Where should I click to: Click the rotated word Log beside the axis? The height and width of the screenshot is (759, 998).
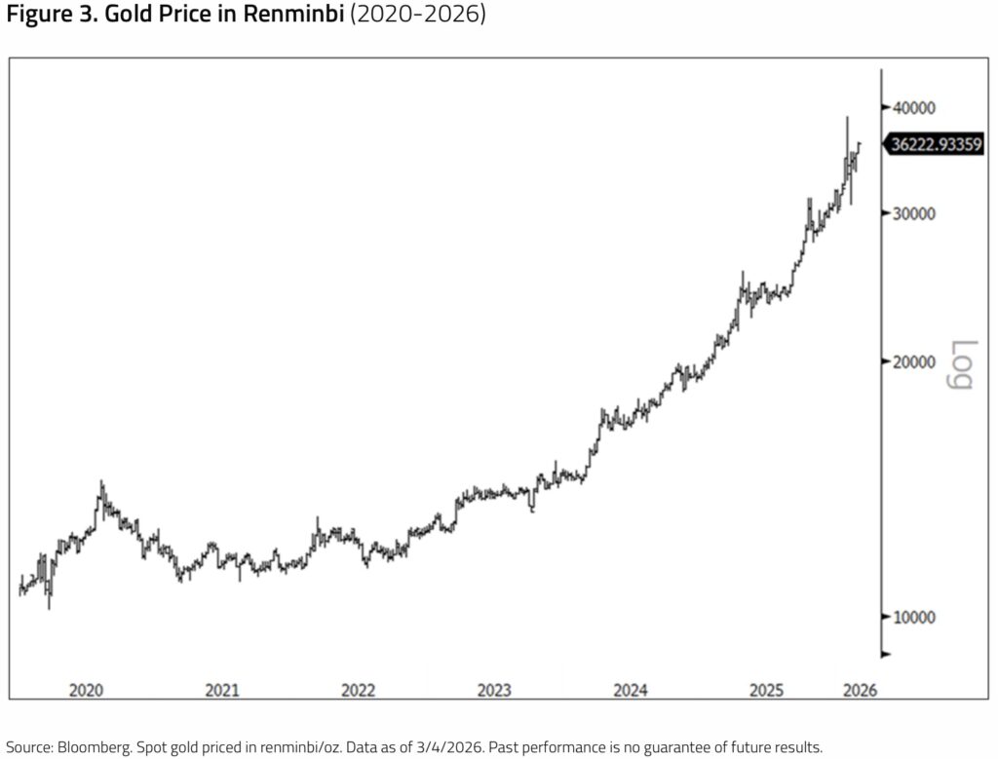961,364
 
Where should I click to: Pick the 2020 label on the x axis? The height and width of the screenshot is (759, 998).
87,690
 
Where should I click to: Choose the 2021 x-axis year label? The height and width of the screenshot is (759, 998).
222,690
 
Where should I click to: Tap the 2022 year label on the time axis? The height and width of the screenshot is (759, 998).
359,690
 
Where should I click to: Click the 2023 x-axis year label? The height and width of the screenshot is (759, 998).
494,690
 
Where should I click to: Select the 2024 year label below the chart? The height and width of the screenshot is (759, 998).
631,690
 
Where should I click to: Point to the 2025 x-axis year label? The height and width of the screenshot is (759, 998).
766,690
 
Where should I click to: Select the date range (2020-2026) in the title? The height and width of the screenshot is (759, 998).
416,17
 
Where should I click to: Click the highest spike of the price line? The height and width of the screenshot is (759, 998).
847,118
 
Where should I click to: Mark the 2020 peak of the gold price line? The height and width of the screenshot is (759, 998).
101,481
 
